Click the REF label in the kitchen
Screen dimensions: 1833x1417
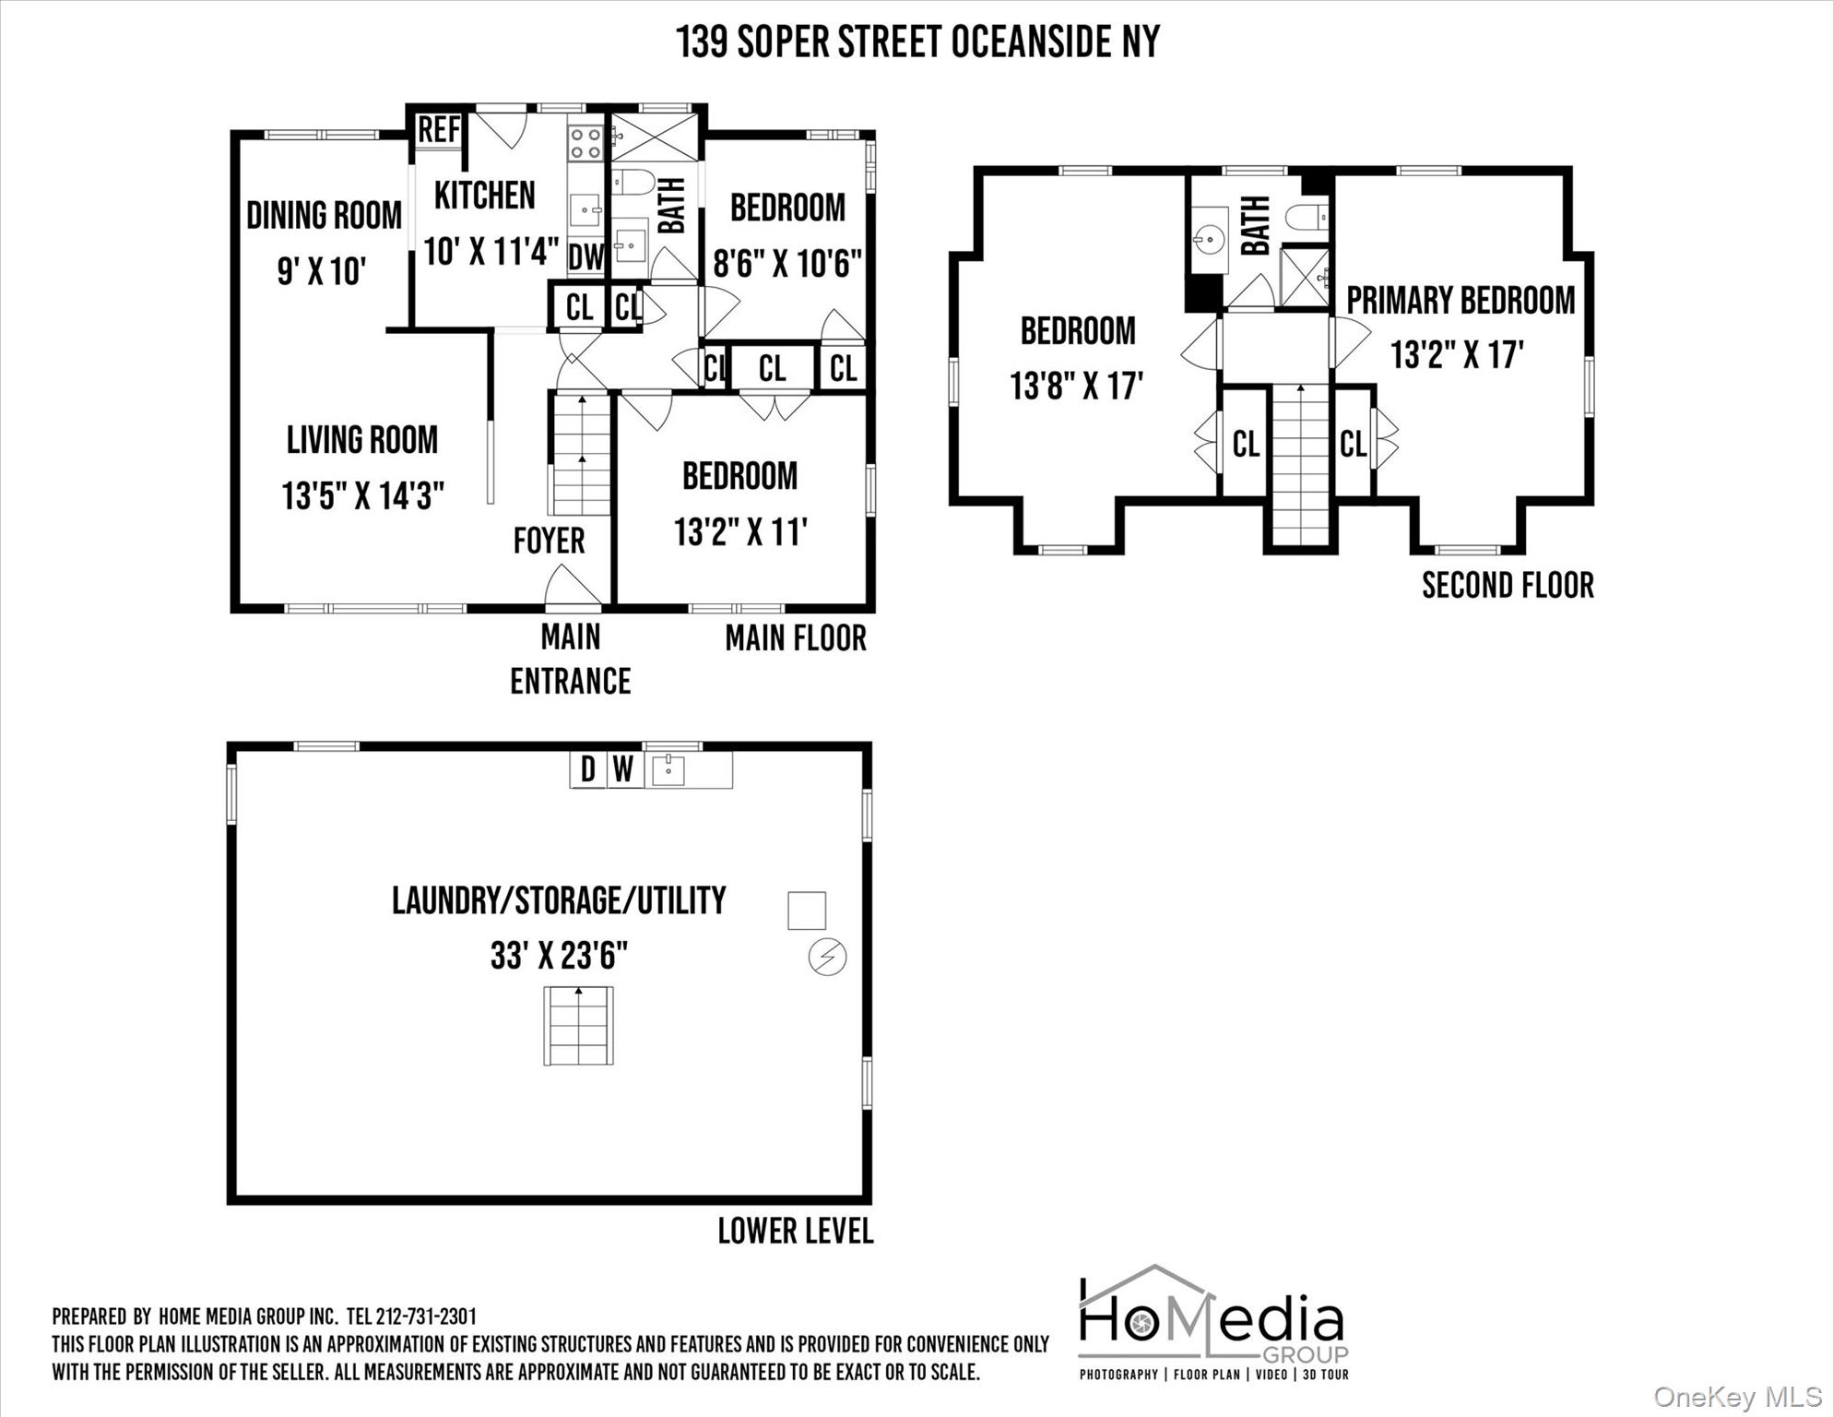click(x=439, y=129)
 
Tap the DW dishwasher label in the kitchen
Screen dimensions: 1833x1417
click(x=585, y=257)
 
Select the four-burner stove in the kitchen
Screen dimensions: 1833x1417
click(x=585, y=143)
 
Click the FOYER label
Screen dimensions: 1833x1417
click(x=549, y=541)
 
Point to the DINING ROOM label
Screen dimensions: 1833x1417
click(x=324, y=216)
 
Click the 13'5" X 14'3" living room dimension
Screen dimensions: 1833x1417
click(x=363, y=496)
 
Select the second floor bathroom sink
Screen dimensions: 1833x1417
click(x=1209, y=240)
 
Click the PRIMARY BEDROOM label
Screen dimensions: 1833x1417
click(x=1460, y=301)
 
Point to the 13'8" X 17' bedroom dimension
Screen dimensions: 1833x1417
click(x=1076, y=386)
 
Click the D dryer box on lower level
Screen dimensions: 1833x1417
click(x=588, y=770)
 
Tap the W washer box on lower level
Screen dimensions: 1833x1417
click(x=623, y=770)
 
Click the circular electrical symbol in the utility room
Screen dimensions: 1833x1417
click(x=827, y=957)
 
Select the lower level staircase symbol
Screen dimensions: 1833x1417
click(x=578, y=1026)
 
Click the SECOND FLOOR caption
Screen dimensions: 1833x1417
click(x=1508, y=586)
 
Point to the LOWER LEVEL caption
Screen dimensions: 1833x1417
click(x=796, y=1231)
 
